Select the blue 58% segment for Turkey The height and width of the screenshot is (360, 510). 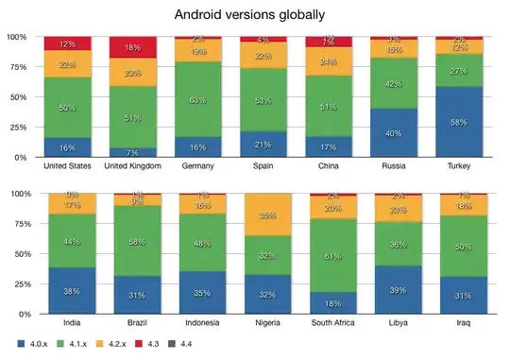(458, 122)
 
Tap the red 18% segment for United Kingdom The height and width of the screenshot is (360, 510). (132, 47)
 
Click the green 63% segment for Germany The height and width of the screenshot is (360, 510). (197, 99)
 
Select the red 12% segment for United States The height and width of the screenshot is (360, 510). (67, 43)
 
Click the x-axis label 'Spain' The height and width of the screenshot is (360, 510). (263, 167)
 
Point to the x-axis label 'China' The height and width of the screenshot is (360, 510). (328, 167)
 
